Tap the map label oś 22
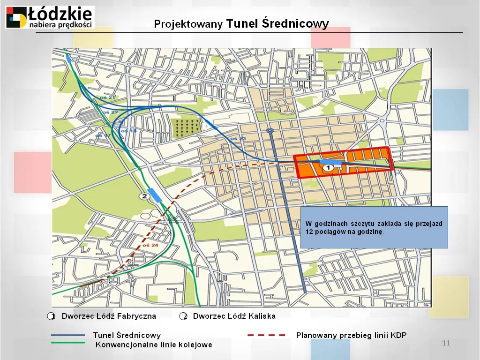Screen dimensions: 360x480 click(x=111, y=112)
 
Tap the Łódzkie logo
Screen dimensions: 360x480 click(x=49, y=17)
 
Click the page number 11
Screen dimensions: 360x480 click(x=446, y=343)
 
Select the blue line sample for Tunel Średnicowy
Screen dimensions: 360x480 click(x=68, y=335)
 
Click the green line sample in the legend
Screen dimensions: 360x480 click(x=68, y=343)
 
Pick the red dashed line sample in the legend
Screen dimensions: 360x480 click(x=266, y=335)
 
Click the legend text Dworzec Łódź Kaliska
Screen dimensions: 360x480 click(x=234, y=316)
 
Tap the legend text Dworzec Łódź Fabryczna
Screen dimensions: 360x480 click(x=109, y=316)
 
